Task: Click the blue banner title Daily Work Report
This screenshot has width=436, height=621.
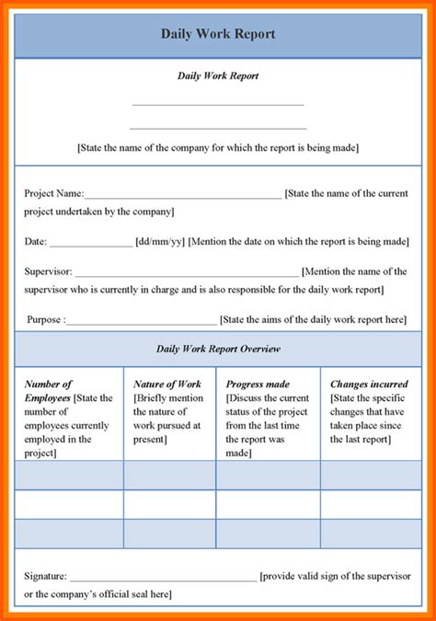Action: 218,34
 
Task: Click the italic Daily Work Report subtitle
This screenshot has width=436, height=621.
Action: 218,75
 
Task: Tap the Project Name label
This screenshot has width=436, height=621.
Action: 53,193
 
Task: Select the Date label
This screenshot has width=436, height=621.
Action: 35,242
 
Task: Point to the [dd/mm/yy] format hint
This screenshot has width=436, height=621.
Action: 159,242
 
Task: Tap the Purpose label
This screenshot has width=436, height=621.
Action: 46,320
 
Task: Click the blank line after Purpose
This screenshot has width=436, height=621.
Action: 142,323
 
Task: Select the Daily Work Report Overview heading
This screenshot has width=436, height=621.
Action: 218,349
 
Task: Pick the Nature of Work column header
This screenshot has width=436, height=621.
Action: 167,384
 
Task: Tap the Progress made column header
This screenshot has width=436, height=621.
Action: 258,384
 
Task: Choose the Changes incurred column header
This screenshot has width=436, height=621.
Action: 369,384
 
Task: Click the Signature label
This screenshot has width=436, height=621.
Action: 45,576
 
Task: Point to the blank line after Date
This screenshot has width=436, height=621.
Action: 90,245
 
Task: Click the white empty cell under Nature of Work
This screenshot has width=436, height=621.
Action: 169,504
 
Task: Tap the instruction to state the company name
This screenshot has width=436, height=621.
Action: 218,147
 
